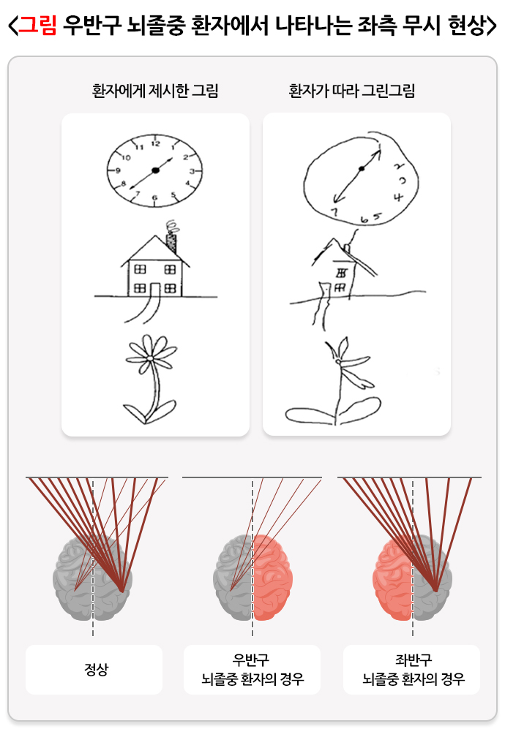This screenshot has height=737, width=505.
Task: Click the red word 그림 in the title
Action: (37, 25)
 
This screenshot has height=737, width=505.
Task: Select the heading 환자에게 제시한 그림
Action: (155, 90)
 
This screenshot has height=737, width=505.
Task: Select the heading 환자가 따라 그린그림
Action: (351, 90)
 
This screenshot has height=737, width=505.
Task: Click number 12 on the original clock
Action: (155, 143)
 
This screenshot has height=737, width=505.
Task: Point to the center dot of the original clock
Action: (155, 170)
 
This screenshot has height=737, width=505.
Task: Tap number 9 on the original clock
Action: (118, 170)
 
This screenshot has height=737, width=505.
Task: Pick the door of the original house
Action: (155, 290)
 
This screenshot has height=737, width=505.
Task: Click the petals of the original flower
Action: (149, 355)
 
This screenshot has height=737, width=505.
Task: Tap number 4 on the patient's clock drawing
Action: (398, 197)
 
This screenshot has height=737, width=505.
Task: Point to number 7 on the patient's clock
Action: (334, 212)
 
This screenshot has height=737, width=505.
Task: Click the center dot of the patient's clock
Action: (362, 169)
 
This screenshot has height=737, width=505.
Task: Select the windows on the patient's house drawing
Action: (340, 279)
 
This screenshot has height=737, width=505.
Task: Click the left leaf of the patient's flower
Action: (310, 414)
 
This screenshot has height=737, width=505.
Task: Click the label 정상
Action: (96, 669)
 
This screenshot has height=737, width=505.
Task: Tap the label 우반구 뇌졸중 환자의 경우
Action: (252, 669)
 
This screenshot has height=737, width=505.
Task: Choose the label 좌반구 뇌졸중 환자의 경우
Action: (414, 669)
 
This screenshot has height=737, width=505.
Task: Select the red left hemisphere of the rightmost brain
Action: (393, 578)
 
